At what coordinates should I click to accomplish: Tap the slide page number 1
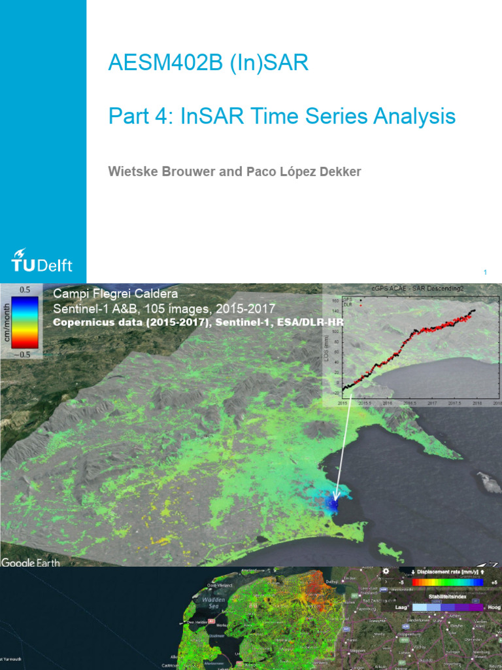(x=486, y=272)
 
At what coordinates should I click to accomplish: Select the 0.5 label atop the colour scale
(x=25, y=289)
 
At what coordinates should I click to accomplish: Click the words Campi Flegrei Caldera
(x=115, y=294)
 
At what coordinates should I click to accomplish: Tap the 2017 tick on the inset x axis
(x=432, y=404)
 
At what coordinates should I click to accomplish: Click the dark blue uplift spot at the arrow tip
(x=333, y=506)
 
